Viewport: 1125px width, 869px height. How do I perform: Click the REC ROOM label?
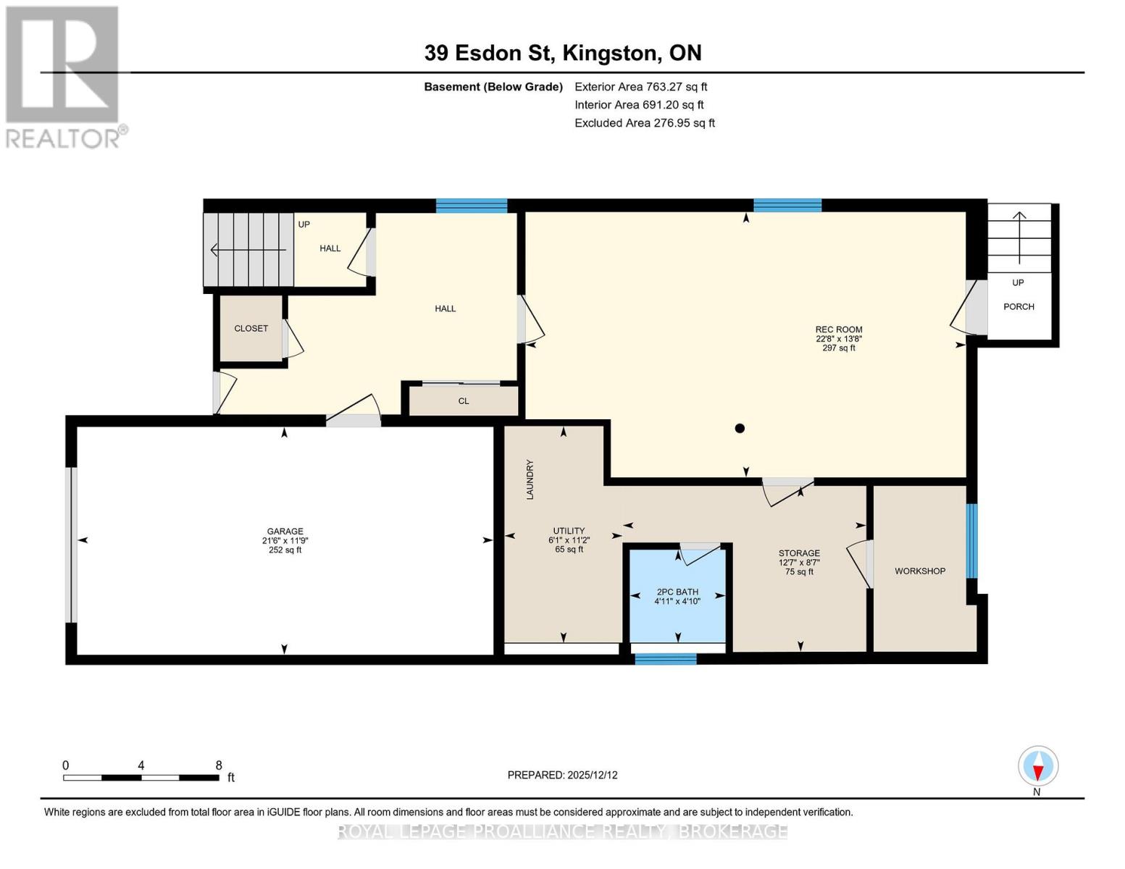[x=838, y=329]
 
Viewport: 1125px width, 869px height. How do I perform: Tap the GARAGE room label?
[x=285, y=531]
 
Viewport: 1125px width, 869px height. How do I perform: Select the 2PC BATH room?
[x=677, y=595]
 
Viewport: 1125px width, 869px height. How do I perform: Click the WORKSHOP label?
[x=919, y=571]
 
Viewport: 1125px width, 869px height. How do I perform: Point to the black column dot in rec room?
[x=740, y=428]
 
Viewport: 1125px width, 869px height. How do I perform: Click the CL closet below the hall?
[x=464, y=400]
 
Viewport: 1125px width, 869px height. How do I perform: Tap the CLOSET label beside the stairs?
[x=251, y=328]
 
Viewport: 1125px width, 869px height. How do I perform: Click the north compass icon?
[x=1037, y=766]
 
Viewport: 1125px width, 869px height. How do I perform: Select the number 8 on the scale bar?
[x=219, y=765]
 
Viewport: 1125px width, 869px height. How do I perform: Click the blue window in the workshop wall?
[x=971, y=541]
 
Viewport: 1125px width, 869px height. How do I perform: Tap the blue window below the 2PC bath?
[x=665, y=658]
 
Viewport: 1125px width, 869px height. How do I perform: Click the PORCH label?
[x=1019, y=306]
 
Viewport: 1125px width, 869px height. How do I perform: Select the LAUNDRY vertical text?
[x=530, y=479]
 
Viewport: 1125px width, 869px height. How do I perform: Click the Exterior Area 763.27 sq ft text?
[x=640, y=86]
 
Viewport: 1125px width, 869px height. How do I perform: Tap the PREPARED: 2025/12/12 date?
[x=562, y=775]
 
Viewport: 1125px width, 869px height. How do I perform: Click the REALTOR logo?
[x=64, y=76]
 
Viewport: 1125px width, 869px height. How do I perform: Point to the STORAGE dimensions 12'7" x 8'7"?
[x=799, y=562]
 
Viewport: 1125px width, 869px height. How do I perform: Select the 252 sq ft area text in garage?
[x=285, y=550]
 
